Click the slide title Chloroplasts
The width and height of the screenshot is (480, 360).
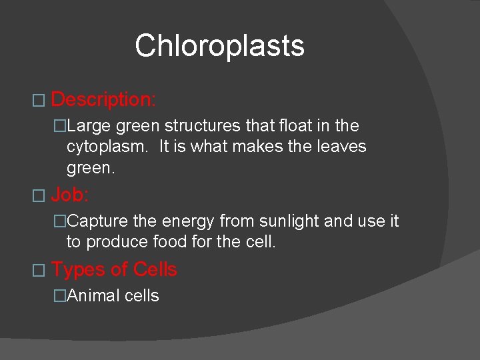click(x=219, y=46)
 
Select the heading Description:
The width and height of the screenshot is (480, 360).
click(x=103, y=100)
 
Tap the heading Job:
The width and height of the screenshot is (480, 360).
click(x=70, y=195)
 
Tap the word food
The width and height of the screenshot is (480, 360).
click(x=169, y=241)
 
